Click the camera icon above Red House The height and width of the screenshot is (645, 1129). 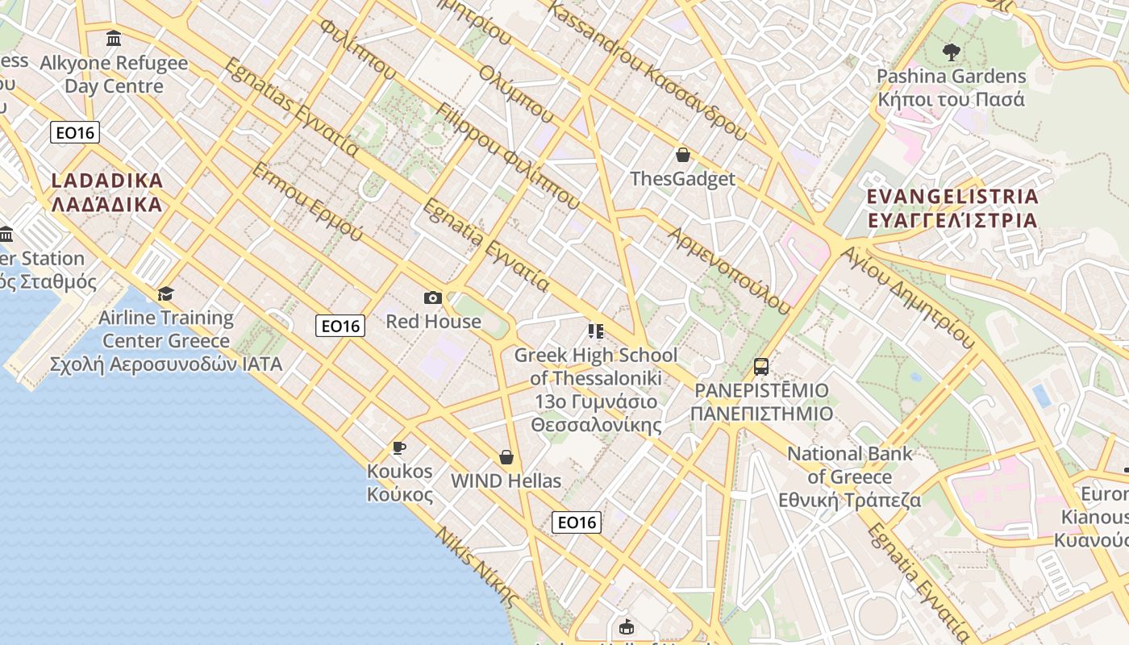(433, 298)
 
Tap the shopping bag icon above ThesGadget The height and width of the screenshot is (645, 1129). (683, 155)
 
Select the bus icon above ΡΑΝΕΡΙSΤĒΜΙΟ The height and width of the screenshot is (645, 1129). (761, 367)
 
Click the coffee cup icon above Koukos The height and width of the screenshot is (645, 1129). (398, 447)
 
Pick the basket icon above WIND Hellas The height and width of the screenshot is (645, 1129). (506, 457)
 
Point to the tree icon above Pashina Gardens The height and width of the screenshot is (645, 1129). (952, 52)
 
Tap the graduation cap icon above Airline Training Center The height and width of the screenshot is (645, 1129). (166, 293)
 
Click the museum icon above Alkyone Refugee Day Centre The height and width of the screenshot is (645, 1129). (114, 39)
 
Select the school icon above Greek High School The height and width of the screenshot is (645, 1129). (596, 331)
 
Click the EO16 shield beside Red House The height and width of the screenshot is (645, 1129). (340, 326)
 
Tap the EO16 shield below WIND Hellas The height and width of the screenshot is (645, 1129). (577, 522)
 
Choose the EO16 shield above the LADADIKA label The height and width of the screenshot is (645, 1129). (75, 132)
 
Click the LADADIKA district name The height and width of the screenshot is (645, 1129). (107, 192)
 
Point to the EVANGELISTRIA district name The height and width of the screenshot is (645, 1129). (952, 208)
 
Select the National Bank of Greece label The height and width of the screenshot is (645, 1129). (850, 476)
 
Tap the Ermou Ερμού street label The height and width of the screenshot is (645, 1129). (307, 202)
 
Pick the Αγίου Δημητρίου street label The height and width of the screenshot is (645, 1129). (907, 296)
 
